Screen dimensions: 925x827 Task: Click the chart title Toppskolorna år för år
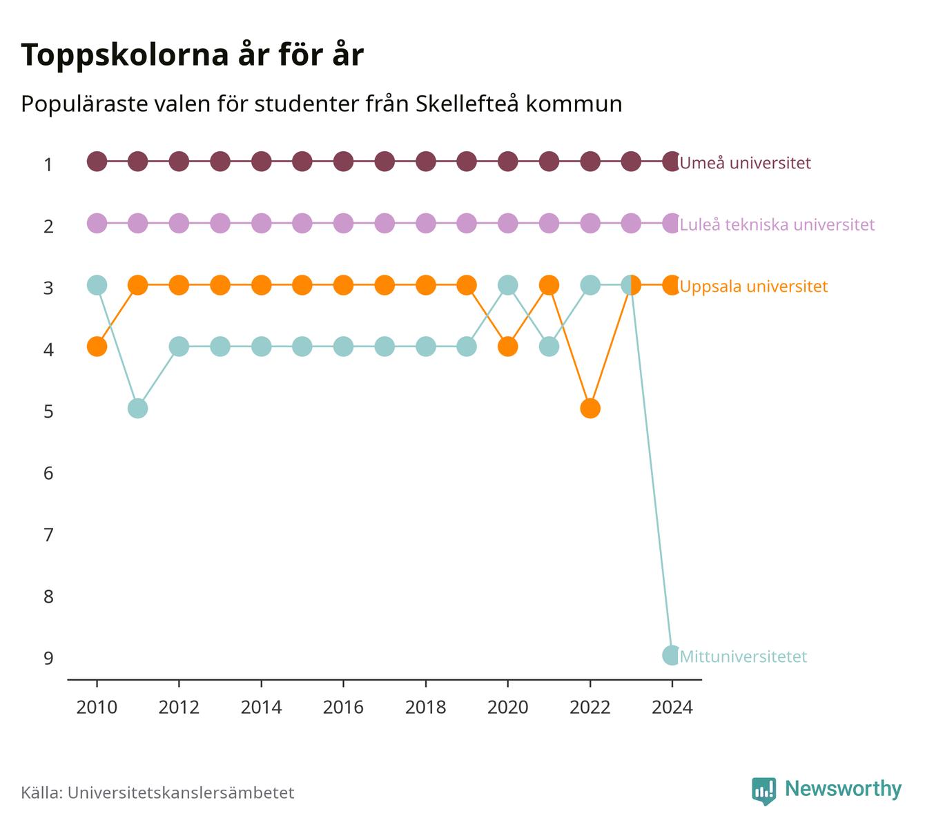pos(192,55)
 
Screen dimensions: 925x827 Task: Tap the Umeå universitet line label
pos(745,162)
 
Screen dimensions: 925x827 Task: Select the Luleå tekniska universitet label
pos(777,224)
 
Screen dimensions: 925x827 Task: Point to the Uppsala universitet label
pos(753,286)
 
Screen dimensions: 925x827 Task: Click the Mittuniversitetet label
pos(743,656)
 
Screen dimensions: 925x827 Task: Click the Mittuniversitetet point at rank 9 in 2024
pos(672,655)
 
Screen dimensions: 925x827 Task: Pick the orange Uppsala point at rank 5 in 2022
pos(590,408)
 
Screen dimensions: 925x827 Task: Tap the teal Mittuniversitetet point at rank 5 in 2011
pos(138,408)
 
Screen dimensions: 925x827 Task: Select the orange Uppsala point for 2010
pos(97,347)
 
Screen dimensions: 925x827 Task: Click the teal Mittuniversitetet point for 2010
pos(97,285)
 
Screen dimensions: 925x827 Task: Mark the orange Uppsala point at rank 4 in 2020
pos(507,347)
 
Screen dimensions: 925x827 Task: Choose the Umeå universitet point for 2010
pos(97,162)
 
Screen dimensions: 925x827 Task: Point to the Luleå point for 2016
pos(343,223)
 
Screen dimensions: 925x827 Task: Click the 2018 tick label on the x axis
pos(425,708)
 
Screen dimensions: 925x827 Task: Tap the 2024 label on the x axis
pos(672,708)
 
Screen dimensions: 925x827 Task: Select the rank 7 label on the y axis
pos(48,535)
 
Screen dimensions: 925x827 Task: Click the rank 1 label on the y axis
pos(48,164)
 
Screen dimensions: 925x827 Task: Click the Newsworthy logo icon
pos(764,791)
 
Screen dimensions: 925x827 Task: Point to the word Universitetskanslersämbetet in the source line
pos(181,792)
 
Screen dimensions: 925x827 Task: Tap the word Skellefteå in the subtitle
pos(467,104)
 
